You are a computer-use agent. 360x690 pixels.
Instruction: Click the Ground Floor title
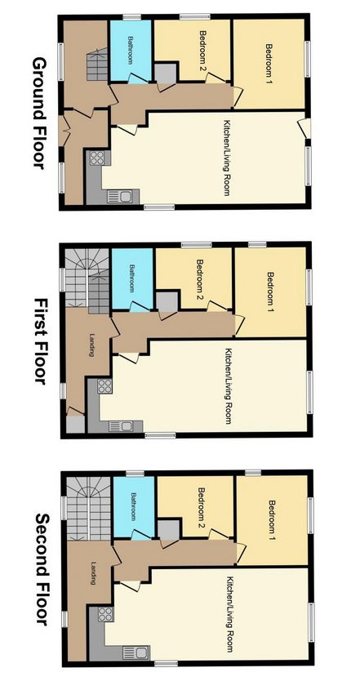(x=40, y=113)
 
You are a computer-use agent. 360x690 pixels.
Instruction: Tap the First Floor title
(x=41, y=341)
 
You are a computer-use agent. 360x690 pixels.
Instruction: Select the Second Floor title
(x=42, y=568)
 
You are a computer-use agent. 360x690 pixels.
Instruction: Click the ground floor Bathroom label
(x=131, y=51)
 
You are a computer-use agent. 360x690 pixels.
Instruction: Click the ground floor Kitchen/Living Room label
(x=227, y=158)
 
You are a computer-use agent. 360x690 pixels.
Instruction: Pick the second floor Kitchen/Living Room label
(x=229, y=614)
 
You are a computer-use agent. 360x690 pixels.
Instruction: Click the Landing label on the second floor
(x=93, y=572)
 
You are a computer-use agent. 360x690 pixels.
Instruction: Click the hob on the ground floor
(x=97, y=158)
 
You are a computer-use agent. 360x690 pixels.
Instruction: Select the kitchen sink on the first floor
(x=120, y=425)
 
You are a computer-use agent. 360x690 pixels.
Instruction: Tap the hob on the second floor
(x=105, y=614)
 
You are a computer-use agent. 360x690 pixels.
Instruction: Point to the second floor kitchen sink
(x=134, y=652)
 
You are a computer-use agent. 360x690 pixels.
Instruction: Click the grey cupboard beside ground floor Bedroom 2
(x=166, y=73)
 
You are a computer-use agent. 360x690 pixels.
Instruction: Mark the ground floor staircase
(x=97, y=65)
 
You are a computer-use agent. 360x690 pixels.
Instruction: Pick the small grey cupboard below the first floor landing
(x=75, y=424)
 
